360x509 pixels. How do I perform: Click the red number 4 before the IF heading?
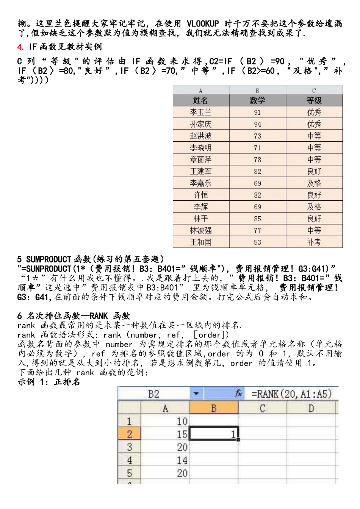(x=20, y=47)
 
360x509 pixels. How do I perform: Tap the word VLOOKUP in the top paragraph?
(x=203, y=23)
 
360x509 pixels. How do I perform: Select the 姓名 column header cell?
(x=200, y=100)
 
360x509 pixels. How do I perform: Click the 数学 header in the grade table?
(x=257, y=100)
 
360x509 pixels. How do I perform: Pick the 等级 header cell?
(x=314, y=100)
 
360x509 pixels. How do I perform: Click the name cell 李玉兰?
(x=200, y=112)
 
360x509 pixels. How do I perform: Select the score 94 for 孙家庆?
(x=257, y=124)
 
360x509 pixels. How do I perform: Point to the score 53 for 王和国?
(x=257, y=242)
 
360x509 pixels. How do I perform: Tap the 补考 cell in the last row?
(x=314, y=242)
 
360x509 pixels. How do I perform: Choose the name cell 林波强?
(x=200, y=231)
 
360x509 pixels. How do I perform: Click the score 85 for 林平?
(x=257, y=219)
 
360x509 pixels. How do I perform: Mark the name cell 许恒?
(x=200, y=195)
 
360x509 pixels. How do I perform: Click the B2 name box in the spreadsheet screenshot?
(x=153, y=394)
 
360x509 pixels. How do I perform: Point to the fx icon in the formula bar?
(x=238, y=394)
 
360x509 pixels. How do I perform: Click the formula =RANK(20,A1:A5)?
(x=291, y=394)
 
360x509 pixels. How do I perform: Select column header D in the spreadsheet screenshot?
(x=311, y=408)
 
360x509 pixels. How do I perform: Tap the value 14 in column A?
(x=182, y=460)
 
